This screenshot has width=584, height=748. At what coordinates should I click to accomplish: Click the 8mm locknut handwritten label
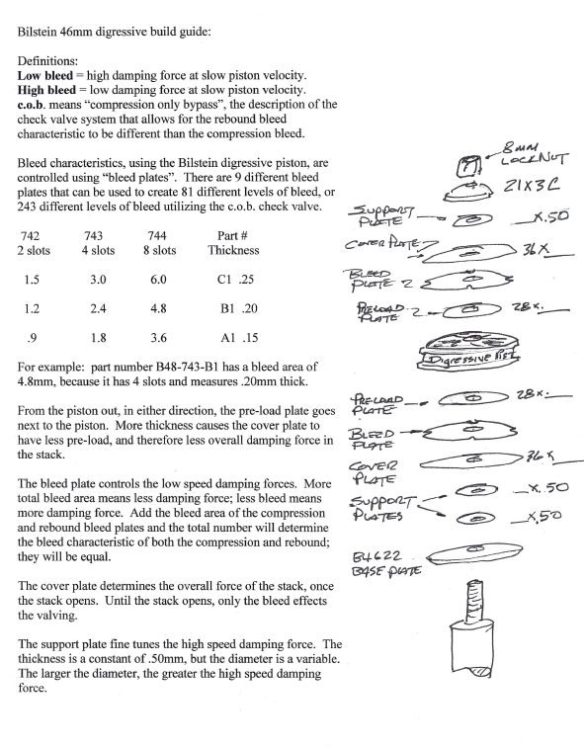535,153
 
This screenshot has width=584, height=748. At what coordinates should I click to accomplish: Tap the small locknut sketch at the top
469,166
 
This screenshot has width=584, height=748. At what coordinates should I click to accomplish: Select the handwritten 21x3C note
531,185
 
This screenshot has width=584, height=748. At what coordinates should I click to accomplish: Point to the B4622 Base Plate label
386,563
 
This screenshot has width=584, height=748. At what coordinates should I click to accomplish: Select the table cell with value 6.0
158,280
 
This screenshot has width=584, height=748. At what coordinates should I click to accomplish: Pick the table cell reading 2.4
98,308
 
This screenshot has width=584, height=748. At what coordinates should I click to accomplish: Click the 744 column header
157,235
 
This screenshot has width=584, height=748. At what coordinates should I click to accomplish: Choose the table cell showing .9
32,338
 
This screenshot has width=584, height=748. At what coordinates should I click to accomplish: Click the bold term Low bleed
45,75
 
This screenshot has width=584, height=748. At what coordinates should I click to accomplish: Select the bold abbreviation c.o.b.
32,105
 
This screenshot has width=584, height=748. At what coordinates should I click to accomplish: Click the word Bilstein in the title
37,32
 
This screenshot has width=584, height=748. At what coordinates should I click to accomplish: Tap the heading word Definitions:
47,61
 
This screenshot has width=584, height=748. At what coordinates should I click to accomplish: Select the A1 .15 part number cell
239,338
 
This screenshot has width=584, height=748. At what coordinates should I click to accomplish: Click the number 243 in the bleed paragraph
27,207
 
